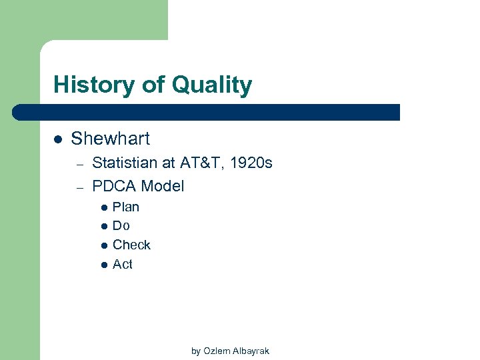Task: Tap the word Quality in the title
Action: tap(211, 85)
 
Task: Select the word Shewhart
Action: tap(110, 139)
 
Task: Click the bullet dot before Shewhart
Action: tap(58, 139)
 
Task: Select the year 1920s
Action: tap(251, 163)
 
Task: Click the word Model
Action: tap(163, 186)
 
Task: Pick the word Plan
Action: tap(126, 207)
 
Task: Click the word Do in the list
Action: tap(121, 226)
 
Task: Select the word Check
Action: tap(131, 245)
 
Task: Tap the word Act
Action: tap(123, 264)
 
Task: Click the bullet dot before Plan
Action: tap(103, 207)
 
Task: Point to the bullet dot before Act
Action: tap(103, 265)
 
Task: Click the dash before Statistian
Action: tap(79, 164)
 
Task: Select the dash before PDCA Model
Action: tap(79, 187)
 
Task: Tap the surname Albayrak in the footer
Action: tap(250, 351)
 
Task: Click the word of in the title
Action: tap(151, 85)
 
